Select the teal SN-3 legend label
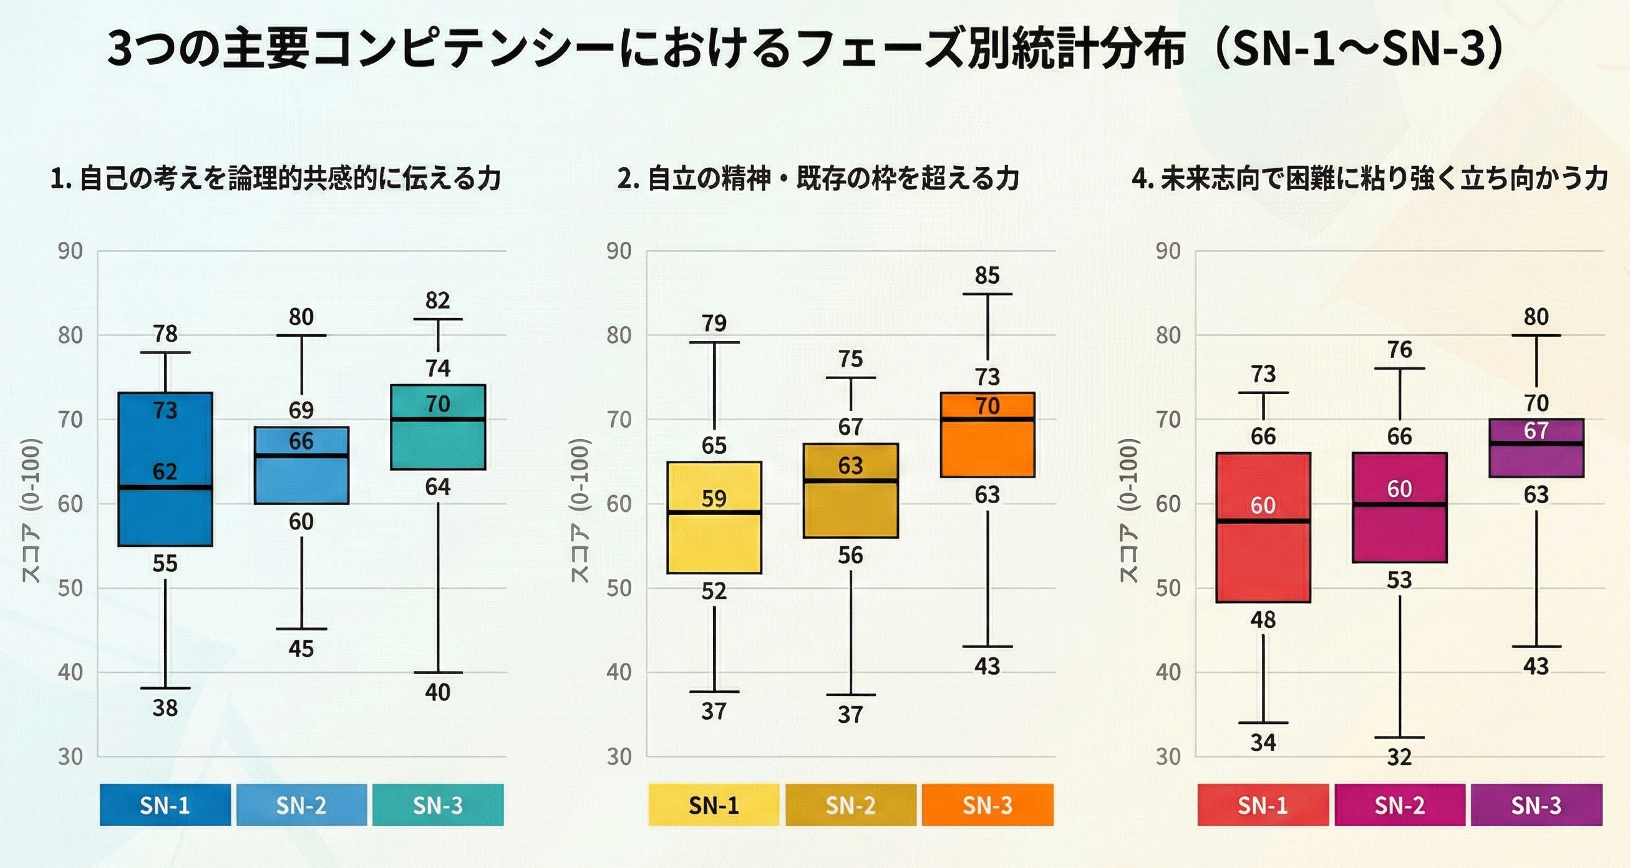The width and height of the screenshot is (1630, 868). (x=438, y=805)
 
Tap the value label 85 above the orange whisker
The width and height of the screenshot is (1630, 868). (x=987, y=275)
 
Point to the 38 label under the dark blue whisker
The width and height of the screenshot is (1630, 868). (x=165, y=708)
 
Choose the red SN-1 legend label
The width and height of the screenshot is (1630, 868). (x=1263, y=805)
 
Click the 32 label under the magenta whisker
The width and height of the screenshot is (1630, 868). (x=1400, y=756)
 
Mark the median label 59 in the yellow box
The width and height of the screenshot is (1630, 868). (x=714, y=498)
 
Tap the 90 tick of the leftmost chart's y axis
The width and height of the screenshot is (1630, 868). (x=70, y=251)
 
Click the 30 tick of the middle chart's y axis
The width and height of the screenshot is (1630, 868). (x=619, y=756)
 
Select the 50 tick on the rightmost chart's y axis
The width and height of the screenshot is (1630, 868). (x=1168, y=589)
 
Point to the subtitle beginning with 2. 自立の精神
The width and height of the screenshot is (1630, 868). (x=818, y=178)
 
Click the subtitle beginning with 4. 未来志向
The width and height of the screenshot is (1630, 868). (x=1370, y=178)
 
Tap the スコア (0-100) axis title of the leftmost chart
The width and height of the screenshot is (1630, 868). (x=32, y=510)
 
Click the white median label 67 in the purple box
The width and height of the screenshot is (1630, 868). (x=1536, y=430)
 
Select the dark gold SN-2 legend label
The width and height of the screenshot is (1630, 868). (x=850, y=805)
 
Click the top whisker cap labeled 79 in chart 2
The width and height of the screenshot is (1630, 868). (x=714, y=342)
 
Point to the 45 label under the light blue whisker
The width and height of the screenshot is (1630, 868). (x=301, y=649)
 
